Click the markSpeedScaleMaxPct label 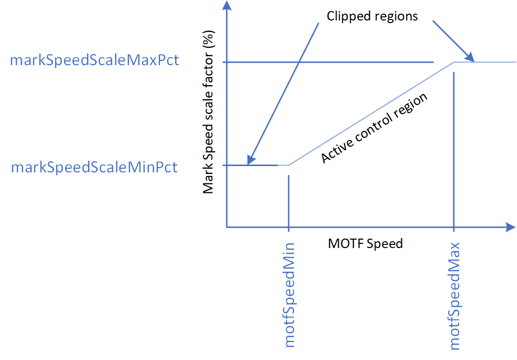click(x=95, y=60)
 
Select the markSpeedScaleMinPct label click(x=94, y=168)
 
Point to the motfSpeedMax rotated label click(x=455, y=296)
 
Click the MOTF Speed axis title click(x=365, y=244)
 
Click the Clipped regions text click(x=372, y=16)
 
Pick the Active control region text click(x=374, y=128)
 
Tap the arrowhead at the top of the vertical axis click(x=226, y=6)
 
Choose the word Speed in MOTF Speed click(x=386, y=244)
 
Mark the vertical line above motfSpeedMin click(x=289, y=200)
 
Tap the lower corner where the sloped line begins click(x=289, y=166)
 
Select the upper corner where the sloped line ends click(x=454, y=62)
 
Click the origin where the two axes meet click(x=226, y=228)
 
